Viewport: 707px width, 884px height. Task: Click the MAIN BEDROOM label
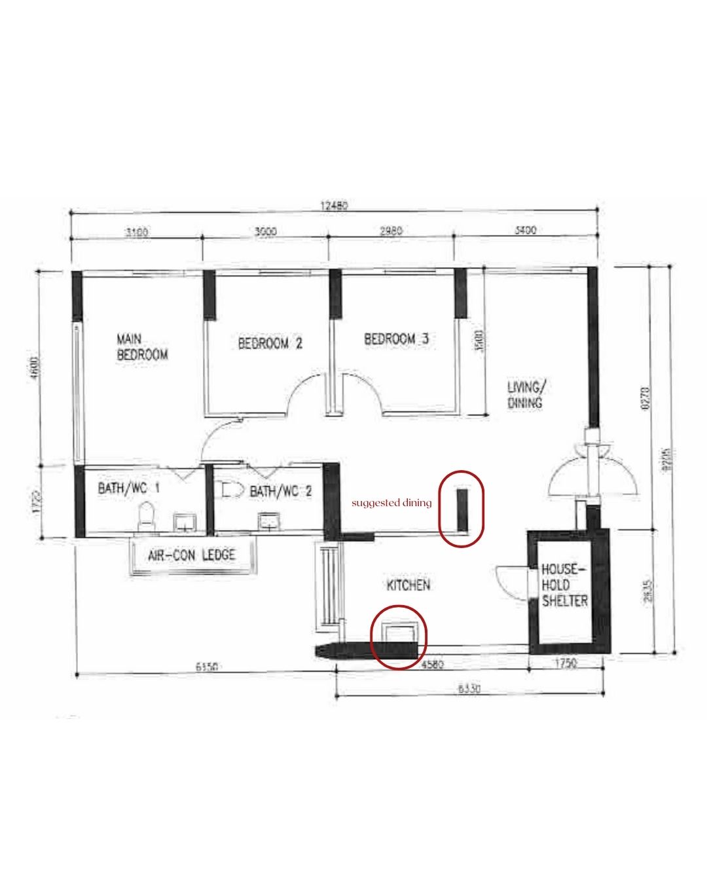point(142,347)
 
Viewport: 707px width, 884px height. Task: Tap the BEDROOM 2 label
point(270,343)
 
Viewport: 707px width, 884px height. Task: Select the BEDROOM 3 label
point(396,339)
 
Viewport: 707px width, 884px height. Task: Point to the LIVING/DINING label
point(525,395)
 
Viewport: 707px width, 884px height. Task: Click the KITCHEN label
point(408,585)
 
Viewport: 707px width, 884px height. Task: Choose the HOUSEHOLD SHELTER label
point(564,585)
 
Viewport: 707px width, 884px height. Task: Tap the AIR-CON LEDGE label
point(192,555)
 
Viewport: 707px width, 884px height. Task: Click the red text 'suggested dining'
point(391,503)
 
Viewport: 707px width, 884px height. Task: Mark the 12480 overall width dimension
point(334,205)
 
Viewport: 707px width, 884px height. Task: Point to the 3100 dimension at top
point(136,231)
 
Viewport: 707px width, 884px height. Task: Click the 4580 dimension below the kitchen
point(433,664)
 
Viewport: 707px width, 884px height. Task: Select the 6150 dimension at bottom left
point(206,667)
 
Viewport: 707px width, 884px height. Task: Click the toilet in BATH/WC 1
point(147,515)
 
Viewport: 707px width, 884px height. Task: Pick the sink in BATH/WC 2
point(268,521)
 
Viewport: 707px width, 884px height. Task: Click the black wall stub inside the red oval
point(462,509)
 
